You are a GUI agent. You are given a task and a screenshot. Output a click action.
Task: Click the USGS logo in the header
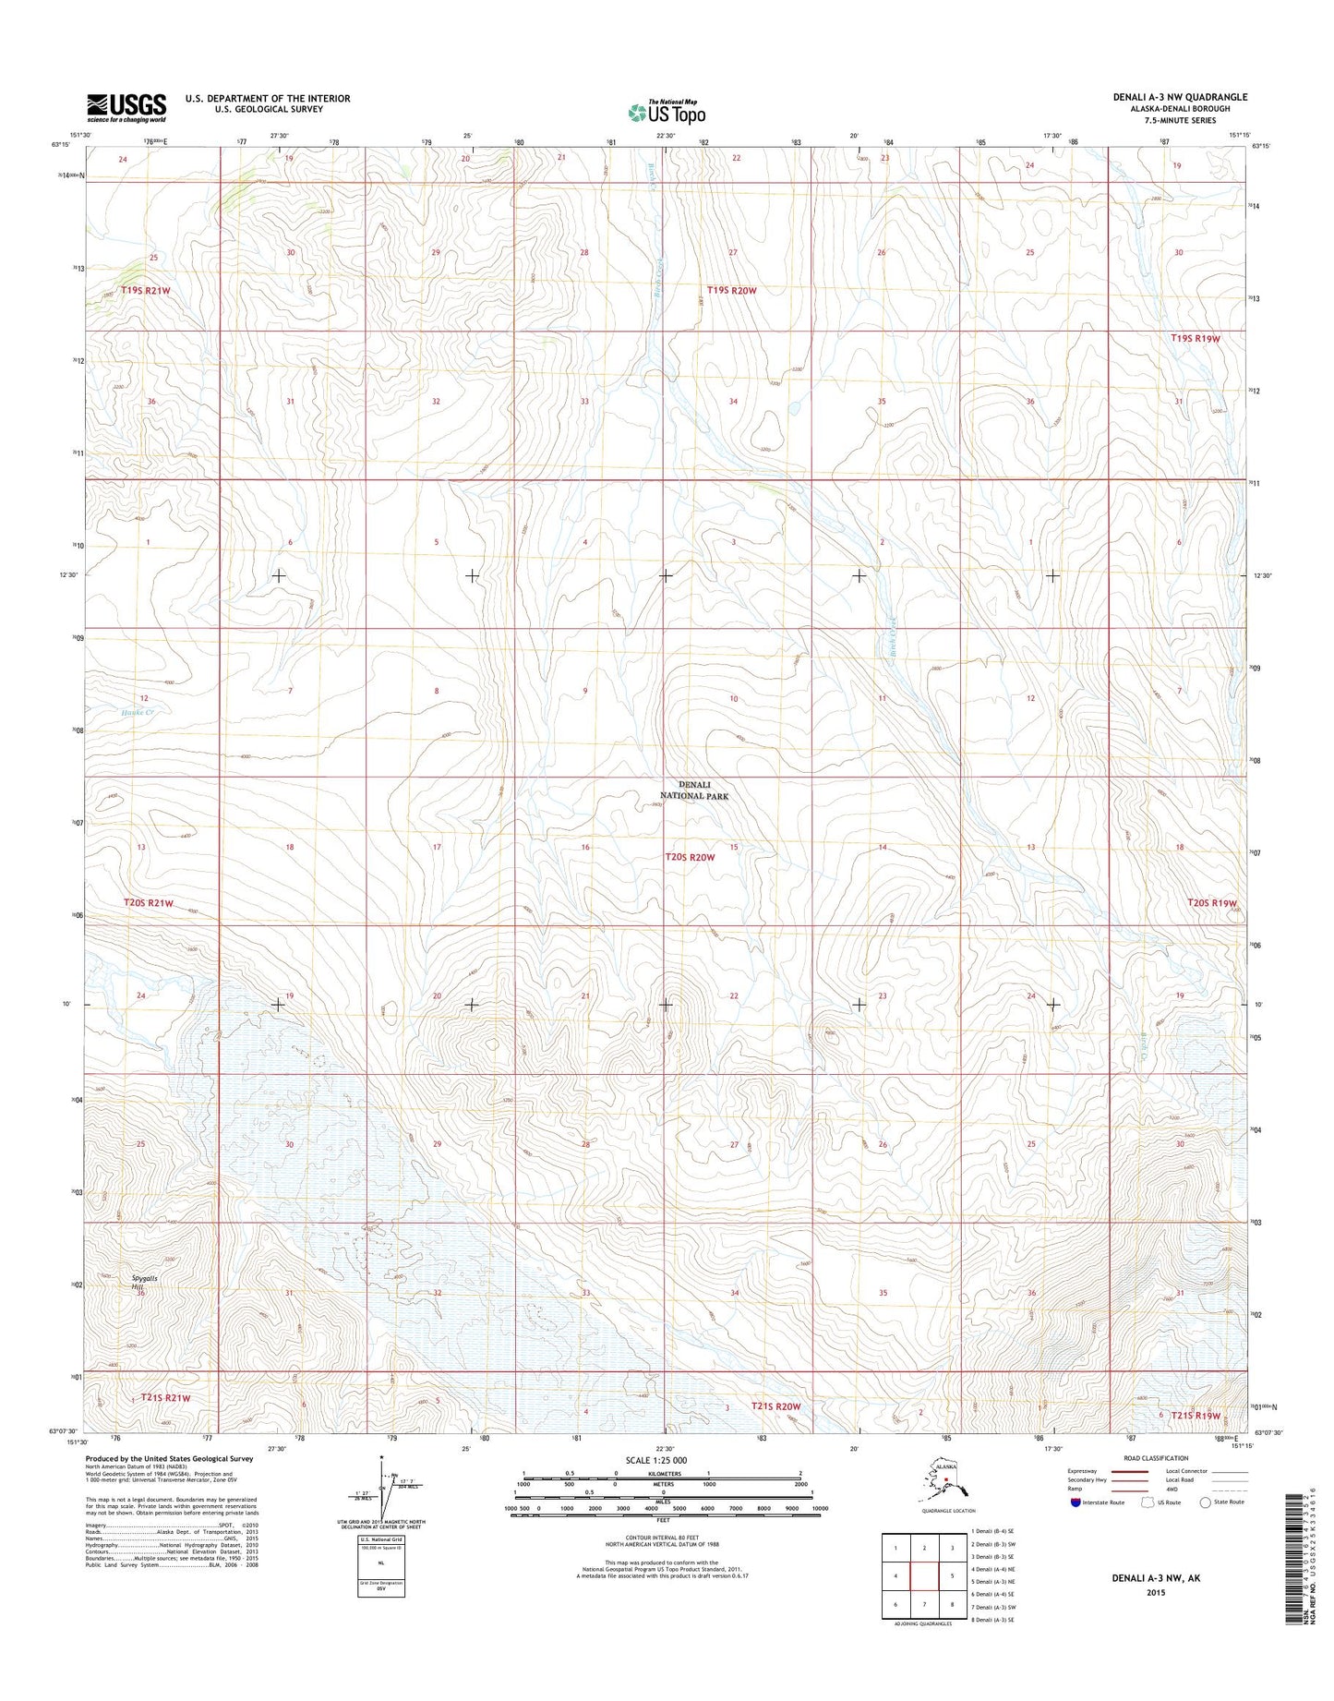point(126,107)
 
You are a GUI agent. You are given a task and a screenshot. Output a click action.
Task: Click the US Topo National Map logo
point(667,112)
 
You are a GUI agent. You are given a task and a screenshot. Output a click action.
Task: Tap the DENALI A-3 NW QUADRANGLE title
point(1179,97)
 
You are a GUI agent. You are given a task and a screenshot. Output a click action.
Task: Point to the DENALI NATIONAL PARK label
point(694,790)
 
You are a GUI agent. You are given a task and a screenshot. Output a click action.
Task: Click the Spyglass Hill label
point(138,1282)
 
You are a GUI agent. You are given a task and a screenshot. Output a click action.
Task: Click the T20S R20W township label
point(691,857)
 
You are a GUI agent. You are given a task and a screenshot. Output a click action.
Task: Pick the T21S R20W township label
point(775,1406)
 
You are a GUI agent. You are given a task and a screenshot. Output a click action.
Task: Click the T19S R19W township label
point(1195,338)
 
